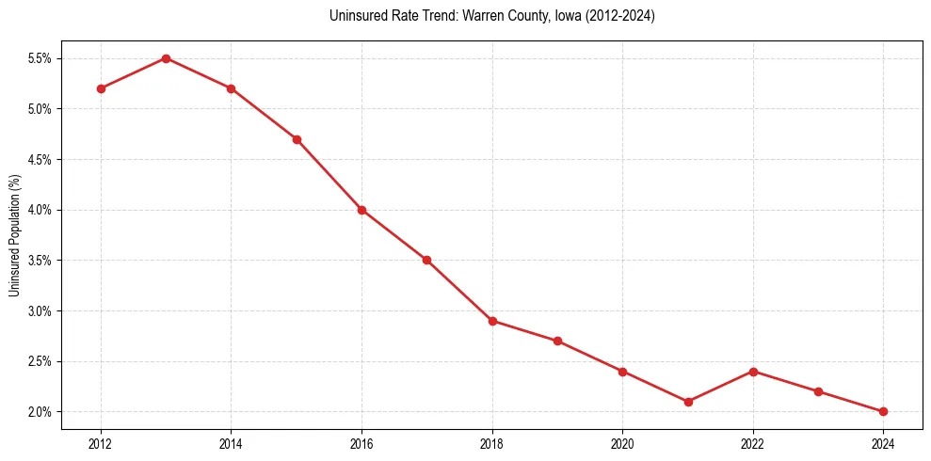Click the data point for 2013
click(166, 58)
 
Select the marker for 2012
click(101, 88)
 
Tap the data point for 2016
click(361, 210)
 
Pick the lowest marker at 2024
click(883, 411)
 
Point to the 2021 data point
click(688, 402)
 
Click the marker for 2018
click(492, 321)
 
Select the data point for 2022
click(753, 371)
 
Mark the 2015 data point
click(297, 139)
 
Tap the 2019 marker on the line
click(557, 341)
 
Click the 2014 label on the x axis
click(231, 442)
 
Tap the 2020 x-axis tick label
click(622, 442)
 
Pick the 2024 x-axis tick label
click(883, 442)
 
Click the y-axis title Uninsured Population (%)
click(14, 235)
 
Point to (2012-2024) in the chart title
click(620, 16)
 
